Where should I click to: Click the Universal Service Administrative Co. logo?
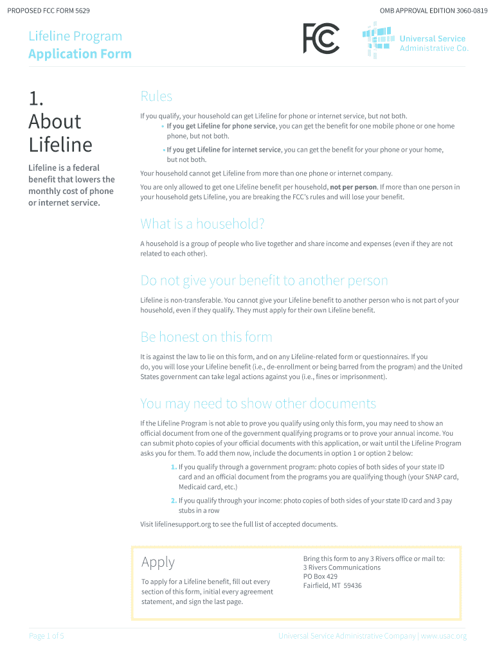(x=415, y=39)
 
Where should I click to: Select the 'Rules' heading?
(x=156, y=96)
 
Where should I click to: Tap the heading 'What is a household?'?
(x=203, y=224)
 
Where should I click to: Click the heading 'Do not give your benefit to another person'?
(x=264, y=281)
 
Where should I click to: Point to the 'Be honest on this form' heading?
(x=206, y=337)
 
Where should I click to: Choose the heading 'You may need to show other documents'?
(x=258, y=404)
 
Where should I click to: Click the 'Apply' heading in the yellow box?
(x=157, y=562)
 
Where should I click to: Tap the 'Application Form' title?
(x=80, y=54)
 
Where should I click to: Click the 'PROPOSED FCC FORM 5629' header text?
(x=49, y=12)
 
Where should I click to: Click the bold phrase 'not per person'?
(x=353, y=187)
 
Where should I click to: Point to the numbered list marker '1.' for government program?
(x=174, y=467)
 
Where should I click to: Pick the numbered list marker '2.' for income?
(x=174, y=500)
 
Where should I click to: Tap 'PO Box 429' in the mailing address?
(x=320, y=576)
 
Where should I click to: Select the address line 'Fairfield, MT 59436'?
(x=332, y=585)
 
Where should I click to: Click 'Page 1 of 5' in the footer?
(x=46, y=636)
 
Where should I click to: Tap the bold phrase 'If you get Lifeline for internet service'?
(x=224, y=149)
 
